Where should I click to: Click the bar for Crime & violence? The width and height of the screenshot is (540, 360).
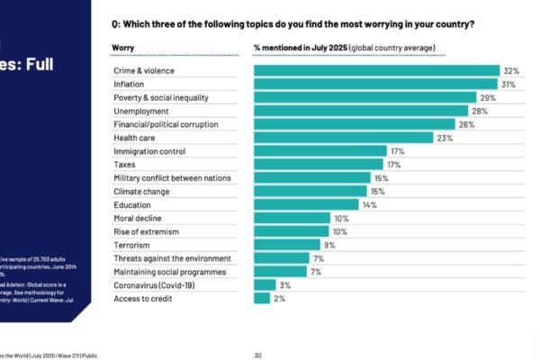click(376, 70)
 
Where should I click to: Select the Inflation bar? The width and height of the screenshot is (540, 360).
click(375, 84)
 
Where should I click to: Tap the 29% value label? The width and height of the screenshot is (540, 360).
click(488, 97)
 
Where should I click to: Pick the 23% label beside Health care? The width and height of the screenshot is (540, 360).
click(444, 138)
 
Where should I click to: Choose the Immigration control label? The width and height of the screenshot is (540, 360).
click(149, 151)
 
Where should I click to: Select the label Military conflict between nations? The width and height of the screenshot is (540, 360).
click(172, 178)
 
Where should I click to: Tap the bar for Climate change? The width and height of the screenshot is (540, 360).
click(310, 191)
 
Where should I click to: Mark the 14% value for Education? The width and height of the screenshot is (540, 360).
click(369, 204)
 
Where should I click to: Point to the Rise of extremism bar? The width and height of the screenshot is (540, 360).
click(292, 231)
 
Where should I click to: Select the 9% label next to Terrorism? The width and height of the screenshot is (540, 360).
click(329, 245)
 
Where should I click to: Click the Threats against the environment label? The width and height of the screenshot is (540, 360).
click(171, 258)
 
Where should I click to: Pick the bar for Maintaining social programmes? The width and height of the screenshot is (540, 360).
click(281, 271)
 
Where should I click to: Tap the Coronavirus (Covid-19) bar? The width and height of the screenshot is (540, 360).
click(265, 285)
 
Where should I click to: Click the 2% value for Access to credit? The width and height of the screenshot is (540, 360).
click(279, 298)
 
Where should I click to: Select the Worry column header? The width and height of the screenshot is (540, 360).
click(123, 47)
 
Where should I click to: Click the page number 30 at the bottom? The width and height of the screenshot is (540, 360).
click(257, 355)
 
